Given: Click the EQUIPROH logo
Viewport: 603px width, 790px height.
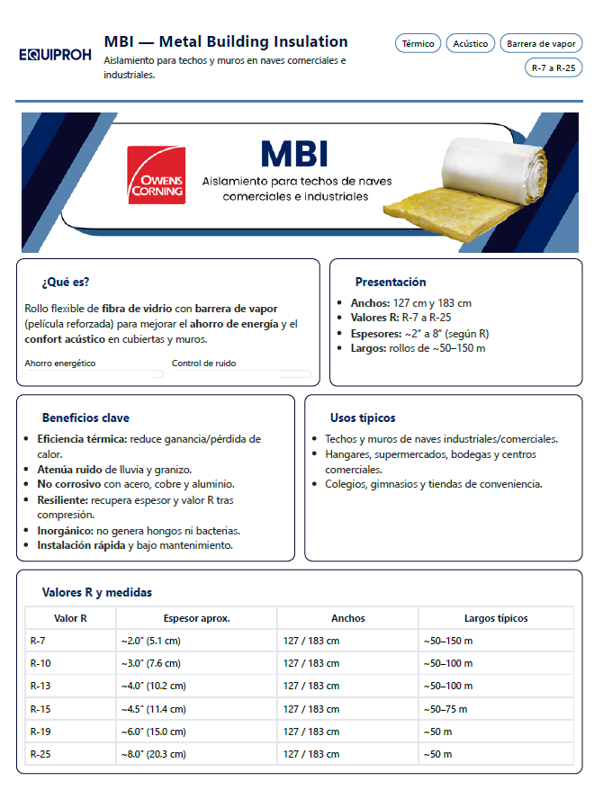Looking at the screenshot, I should (55, 54).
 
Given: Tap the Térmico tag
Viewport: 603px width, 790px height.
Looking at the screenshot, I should (418, 43).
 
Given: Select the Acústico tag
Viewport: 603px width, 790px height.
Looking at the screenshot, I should (471, 43).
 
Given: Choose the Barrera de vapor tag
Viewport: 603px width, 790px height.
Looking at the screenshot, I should (541, 43).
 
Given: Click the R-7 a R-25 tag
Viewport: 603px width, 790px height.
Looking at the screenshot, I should (553, 67).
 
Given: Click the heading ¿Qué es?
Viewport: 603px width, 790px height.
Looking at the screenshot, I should (65, 282).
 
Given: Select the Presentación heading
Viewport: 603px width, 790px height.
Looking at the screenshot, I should (391, 282).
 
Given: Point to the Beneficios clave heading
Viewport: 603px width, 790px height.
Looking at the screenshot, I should (85, 417).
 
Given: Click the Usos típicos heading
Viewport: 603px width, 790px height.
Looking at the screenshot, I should (363, 417).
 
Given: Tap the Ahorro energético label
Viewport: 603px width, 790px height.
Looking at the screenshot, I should (60, 364).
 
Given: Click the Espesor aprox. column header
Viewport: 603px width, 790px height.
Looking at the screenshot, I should (196, 618).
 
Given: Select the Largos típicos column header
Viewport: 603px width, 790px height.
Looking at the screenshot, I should (495, 618).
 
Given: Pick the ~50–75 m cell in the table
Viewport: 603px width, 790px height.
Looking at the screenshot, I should (447, 709).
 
